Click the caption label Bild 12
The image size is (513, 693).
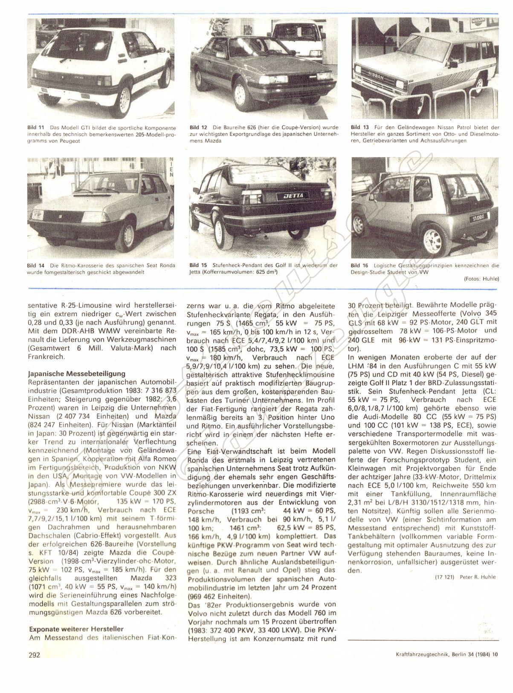tap(198, 127)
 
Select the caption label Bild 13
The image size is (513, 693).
tap(359, 127)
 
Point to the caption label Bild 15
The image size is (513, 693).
tap(198, 266)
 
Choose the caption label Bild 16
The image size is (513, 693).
tap(359, 266)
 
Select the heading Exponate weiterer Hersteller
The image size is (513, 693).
tap(76, 629)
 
